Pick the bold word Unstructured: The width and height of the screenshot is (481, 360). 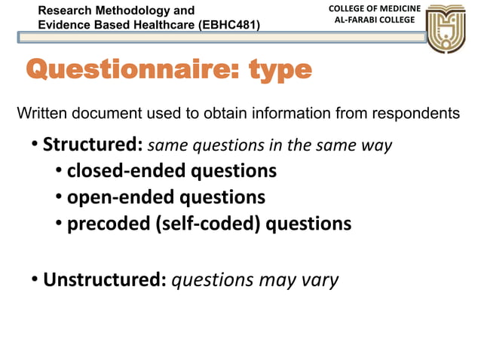tap(105, 280)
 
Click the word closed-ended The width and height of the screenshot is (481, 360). tap(126, 171)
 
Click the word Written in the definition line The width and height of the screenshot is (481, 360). tap(41, 113)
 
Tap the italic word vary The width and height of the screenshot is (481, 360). tap(320, 280)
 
